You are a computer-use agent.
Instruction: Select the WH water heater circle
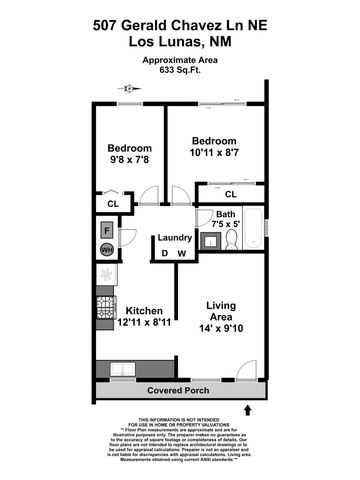(105, 250)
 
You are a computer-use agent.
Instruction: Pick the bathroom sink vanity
(204, 215)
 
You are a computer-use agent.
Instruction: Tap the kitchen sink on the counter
(119, 370)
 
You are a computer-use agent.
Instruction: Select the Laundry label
(175, 238)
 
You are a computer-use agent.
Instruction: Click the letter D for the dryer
(166, 253)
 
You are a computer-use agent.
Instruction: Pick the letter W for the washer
(182, 253)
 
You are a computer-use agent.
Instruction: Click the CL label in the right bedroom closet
(230, 194)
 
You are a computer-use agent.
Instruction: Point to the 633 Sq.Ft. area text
(179, 72)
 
